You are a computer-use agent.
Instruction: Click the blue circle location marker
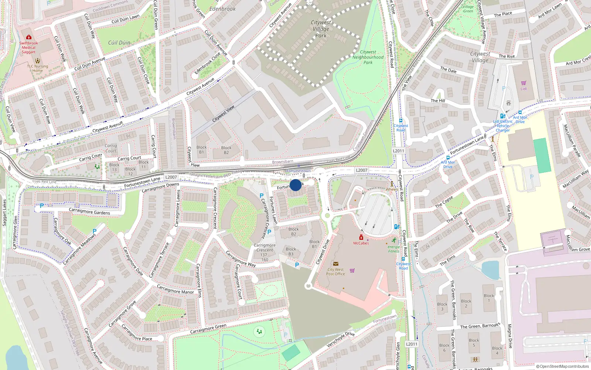point(295,185)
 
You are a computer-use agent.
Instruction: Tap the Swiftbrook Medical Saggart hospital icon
point(29,37)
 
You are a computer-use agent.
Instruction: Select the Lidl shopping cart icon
point(523,83)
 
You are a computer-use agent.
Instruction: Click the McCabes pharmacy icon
point(361,238)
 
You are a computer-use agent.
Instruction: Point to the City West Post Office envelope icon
point(335,264)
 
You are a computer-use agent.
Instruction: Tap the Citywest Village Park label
point(321,29)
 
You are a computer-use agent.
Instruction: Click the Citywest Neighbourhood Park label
point(368,57)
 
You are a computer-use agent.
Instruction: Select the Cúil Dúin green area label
point(119,43)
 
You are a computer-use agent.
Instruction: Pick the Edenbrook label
point(222,9)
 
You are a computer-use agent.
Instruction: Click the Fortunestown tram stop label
point(298,171)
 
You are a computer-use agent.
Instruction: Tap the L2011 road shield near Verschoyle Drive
point(411,344)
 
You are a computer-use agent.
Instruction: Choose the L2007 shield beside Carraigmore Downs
point(171,177)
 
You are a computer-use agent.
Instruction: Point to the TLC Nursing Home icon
point(37,61)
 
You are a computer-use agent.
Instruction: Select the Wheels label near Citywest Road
point(392,189)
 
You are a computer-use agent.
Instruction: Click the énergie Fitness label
point(394,249)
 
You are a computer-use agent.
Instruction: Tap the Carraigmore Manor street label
point(175,289)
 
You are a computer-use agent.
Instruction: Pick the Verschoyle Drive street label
point(341,339)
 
